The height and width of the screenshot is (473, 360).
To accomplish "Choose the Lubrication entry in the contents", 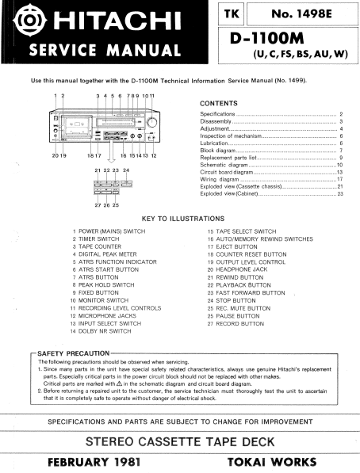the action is pyautogui.click(x=215, y=143).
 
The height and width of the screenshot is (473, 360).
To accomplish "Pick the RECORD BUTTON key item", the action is pyautogui.click(x=240, y=323).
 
